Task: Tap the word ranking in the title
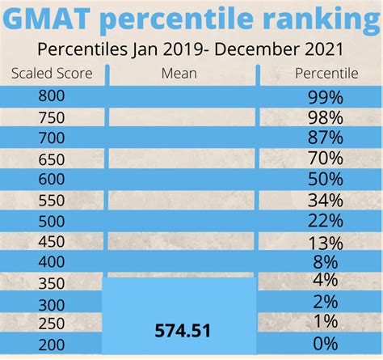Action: coord(314,20)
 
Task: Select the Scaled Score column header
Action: coord(52,74)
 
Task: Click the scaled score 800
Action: coord(51,96)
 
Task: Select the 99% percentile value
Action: coord(323,98)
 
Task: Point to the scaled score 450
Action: coord(51,241)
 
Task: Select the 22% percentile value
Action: coord(323,221)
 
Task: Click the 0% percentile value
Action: coord(323,344)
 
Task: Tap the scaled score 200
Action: coord(51,344)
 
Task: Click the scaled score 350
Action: coord(51,282)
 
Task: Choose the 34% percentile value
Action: coord(323,200)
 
